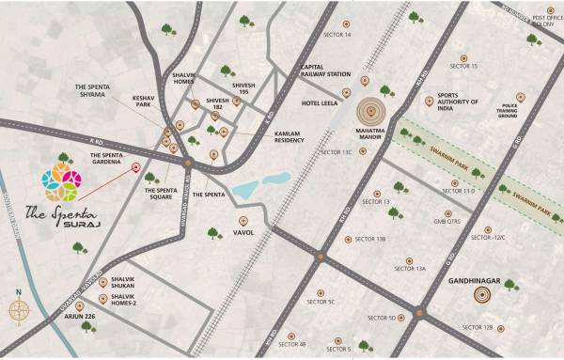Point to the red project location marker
135,168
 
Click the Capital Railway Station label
325,70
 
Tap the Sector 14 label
335,36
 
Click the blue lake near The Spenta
260,185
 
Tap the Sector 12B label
477,327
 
